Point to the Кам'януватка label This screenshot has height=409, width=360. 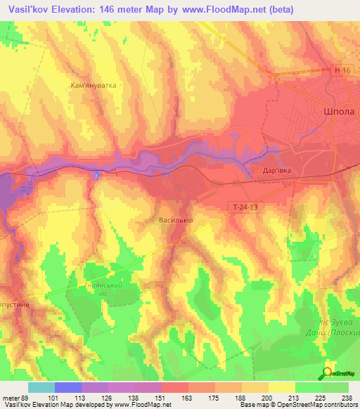tap(94, 85)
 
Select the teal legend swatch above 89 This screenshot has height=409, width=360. tap(41, 387)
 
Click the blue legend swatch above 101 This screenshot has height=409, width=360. tap(67, 387)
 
